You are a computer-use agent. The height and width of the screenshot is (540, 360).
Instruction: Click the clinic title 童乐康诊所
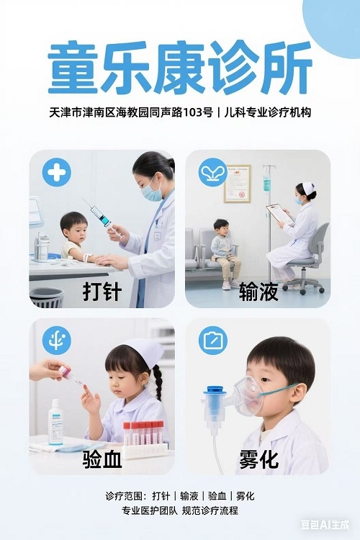coord(180,68)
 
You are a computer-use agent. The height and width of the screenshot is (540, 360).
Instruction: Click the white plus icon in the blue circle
coord(56,172)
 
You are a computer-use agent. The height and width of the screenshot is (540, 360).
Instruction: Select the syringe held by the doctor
coord(102,218)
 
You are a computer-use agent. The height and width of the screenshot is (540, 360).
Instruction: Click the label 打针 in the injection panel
coord(102,292)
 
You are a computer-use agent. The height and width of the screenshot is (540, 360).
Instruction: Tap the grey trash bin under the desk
coord(47,297)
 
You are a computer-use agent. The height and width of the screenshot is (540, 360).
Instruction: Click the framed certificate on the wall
coord(238,184)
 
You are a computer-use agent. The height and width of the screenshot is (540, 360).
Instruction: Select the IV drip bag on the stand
coord(267,182)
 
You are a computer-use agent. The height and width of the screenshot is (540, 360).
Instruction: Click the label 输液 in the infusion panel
coord(258,292)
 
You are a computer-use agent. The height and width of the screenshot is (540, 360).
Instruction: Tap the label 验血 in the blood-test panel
coord(102,459)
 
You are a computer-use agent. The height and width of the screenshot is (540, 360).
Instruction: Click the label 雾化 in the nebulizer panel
coord(258,459)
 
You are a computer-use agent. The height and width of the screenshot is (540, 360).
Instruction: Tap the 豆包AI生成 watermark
coord(325,524)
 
